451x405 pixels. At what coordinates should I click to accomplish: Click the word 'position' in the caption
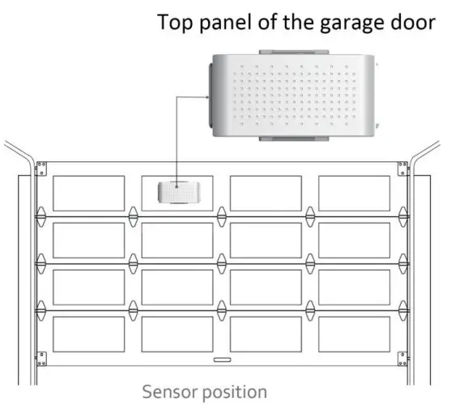click(x=236, y=393)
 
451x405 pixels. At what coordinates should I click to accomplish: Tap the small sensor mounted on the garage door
click(x=177, y=194)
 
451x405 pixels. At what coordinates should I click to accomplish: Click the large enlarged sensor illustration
click(x=293, y=96)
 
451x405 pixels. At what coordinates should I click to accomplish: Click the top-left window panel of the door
click(x=88, y=194)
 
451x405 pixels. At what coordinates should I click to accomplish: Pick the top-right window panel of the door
click(x=355, y=194)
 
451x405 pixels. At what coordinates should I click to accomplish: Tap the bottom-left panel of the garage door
click(x=88, y=334)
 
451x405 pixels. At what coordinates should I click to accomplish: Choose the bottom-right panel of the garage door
click(x=355, y=334)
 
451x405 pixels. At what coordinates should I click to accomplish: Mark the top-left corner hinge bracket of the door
click(x=41, y=168)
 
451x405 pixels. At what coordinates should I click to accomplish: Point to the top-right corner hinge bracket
click(x=402, y=168)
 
